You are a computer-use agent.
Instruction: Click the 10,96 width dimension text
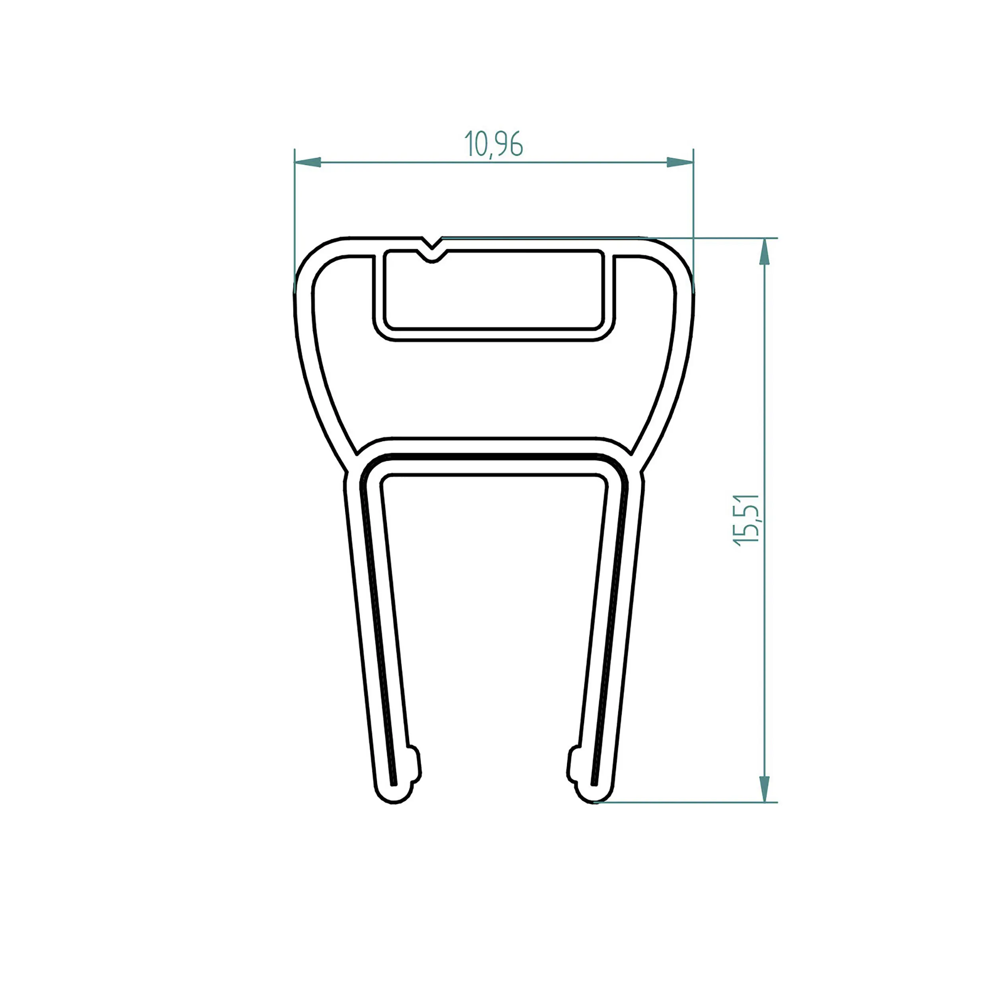coord(493,144)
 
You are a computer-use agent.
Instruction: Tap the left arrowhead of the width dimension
coord(308,162)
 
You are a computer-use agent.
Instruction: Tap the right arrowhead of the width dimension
coord(680,162)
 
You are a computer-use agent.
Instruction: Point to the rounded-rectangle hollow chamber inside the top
coord(494,290)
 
